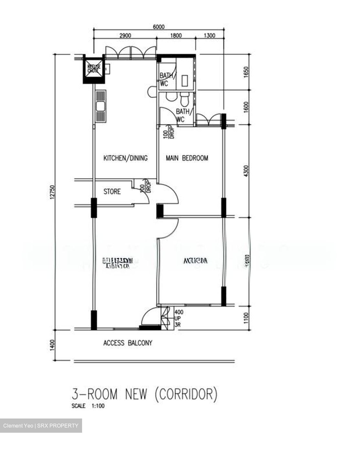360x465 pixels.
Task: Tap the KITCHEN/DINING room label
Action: click(x=125, y=158)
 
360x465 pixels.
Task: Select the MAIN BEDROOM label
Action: click(x=187, y=158)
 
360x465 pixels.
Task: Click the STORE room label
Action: click(x=112, y=191)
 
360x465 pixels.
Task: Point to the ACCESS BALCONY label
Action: click(x=128, y=343)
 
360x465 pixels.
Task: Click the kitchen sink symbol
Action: click(x=101, y=106)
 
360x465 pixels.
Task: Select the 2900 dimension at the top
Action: click(x=125, y=36)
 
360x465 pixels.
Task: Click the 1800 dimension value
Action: click(x=176, y=36)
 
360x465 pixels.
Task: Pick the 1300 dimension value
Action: click(x=209, y=36)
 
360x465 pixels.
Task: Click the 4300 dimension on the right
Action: click(x=247, y=171)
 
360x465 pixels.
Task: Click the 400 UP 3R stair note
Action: click(x=179, y=319)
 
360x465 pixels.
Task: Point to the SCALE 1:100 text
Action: click(x=88, y=406)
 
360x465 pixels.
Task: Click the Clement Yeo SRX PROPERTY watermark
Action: click(x=41, y=426)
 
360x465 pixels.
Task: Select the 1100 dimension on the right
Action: click(x=247, y=318)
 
